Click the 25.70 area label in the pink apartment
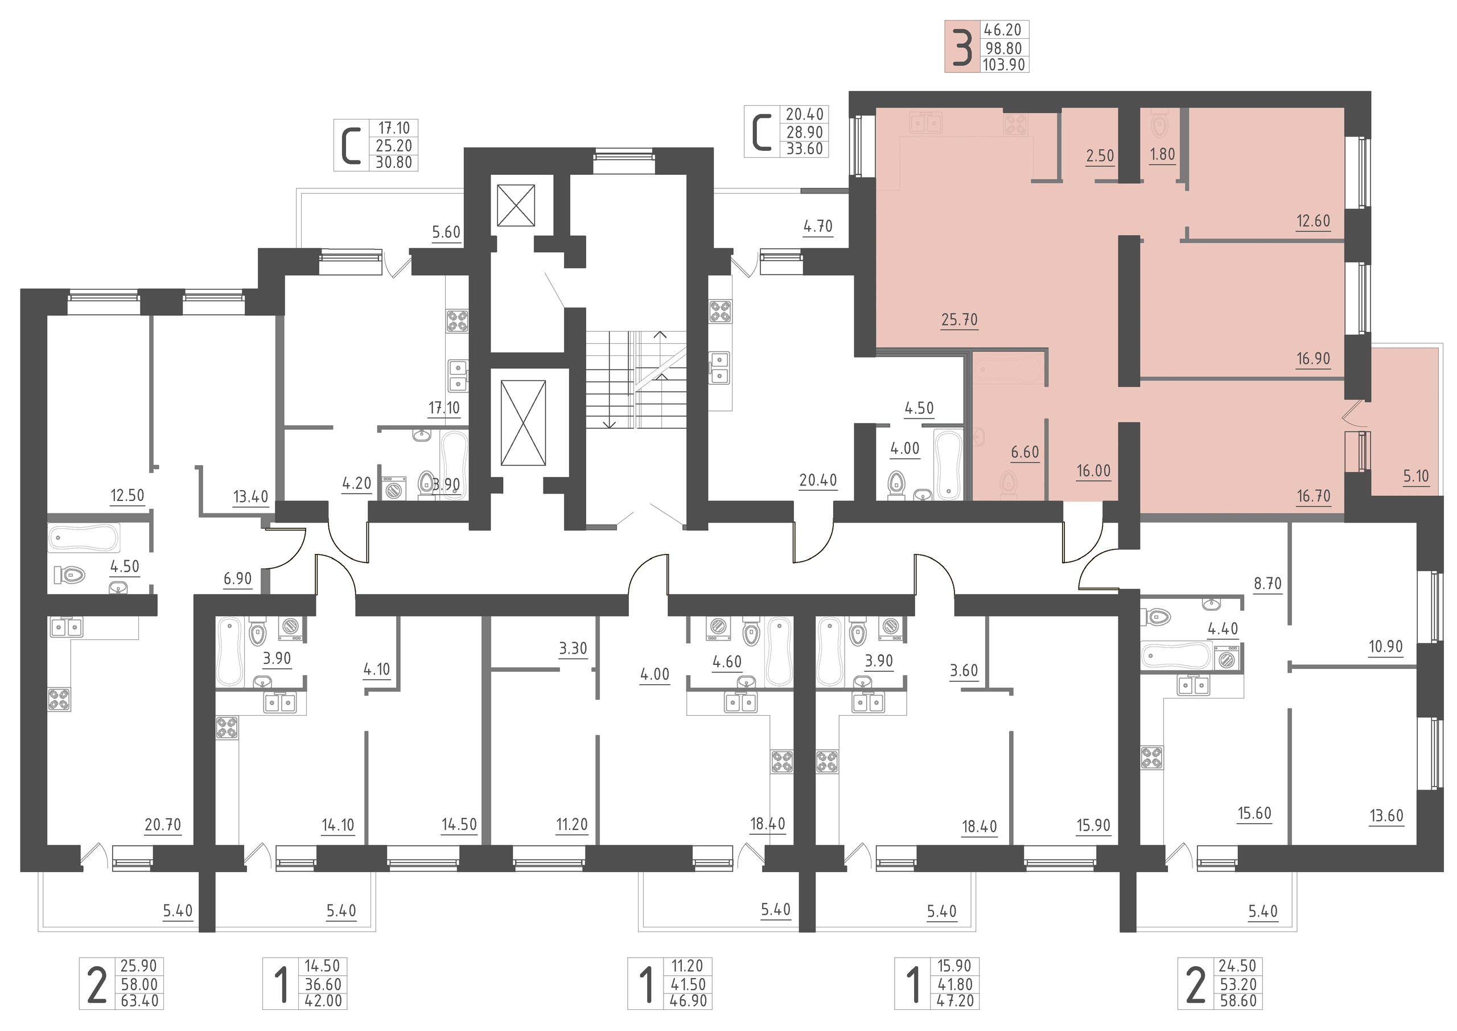tap(959, 319)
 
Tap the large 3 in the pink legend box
tap(962, 47)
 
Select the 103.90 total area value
tap(1004, 64)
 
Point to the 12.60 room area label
tap(1313, 221)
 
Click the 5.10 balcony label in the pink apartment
tap(1416, 475)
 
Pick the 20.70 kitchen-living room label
tap(163, 825)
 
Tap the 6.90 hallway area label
tap(237, 578)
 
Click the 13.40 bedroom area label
tap(250, 496)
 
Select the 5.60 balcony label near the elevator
tap(446, 232)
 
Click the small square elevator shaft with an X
tap(516, 205)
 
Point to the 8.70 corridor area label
tap(1268, 583)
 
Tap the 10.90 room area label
tap(1385, 646)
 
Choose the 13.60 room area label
tap(1386, 815)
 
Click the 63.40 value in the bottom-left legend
tap(139, 1001)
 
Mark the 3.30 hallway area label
tap(573, 648)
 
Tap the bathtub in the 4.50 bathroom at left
tap(84, 538)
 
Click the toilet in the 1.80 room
tap(1159, 125)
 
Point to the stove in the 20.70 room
tap(60, 700)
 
